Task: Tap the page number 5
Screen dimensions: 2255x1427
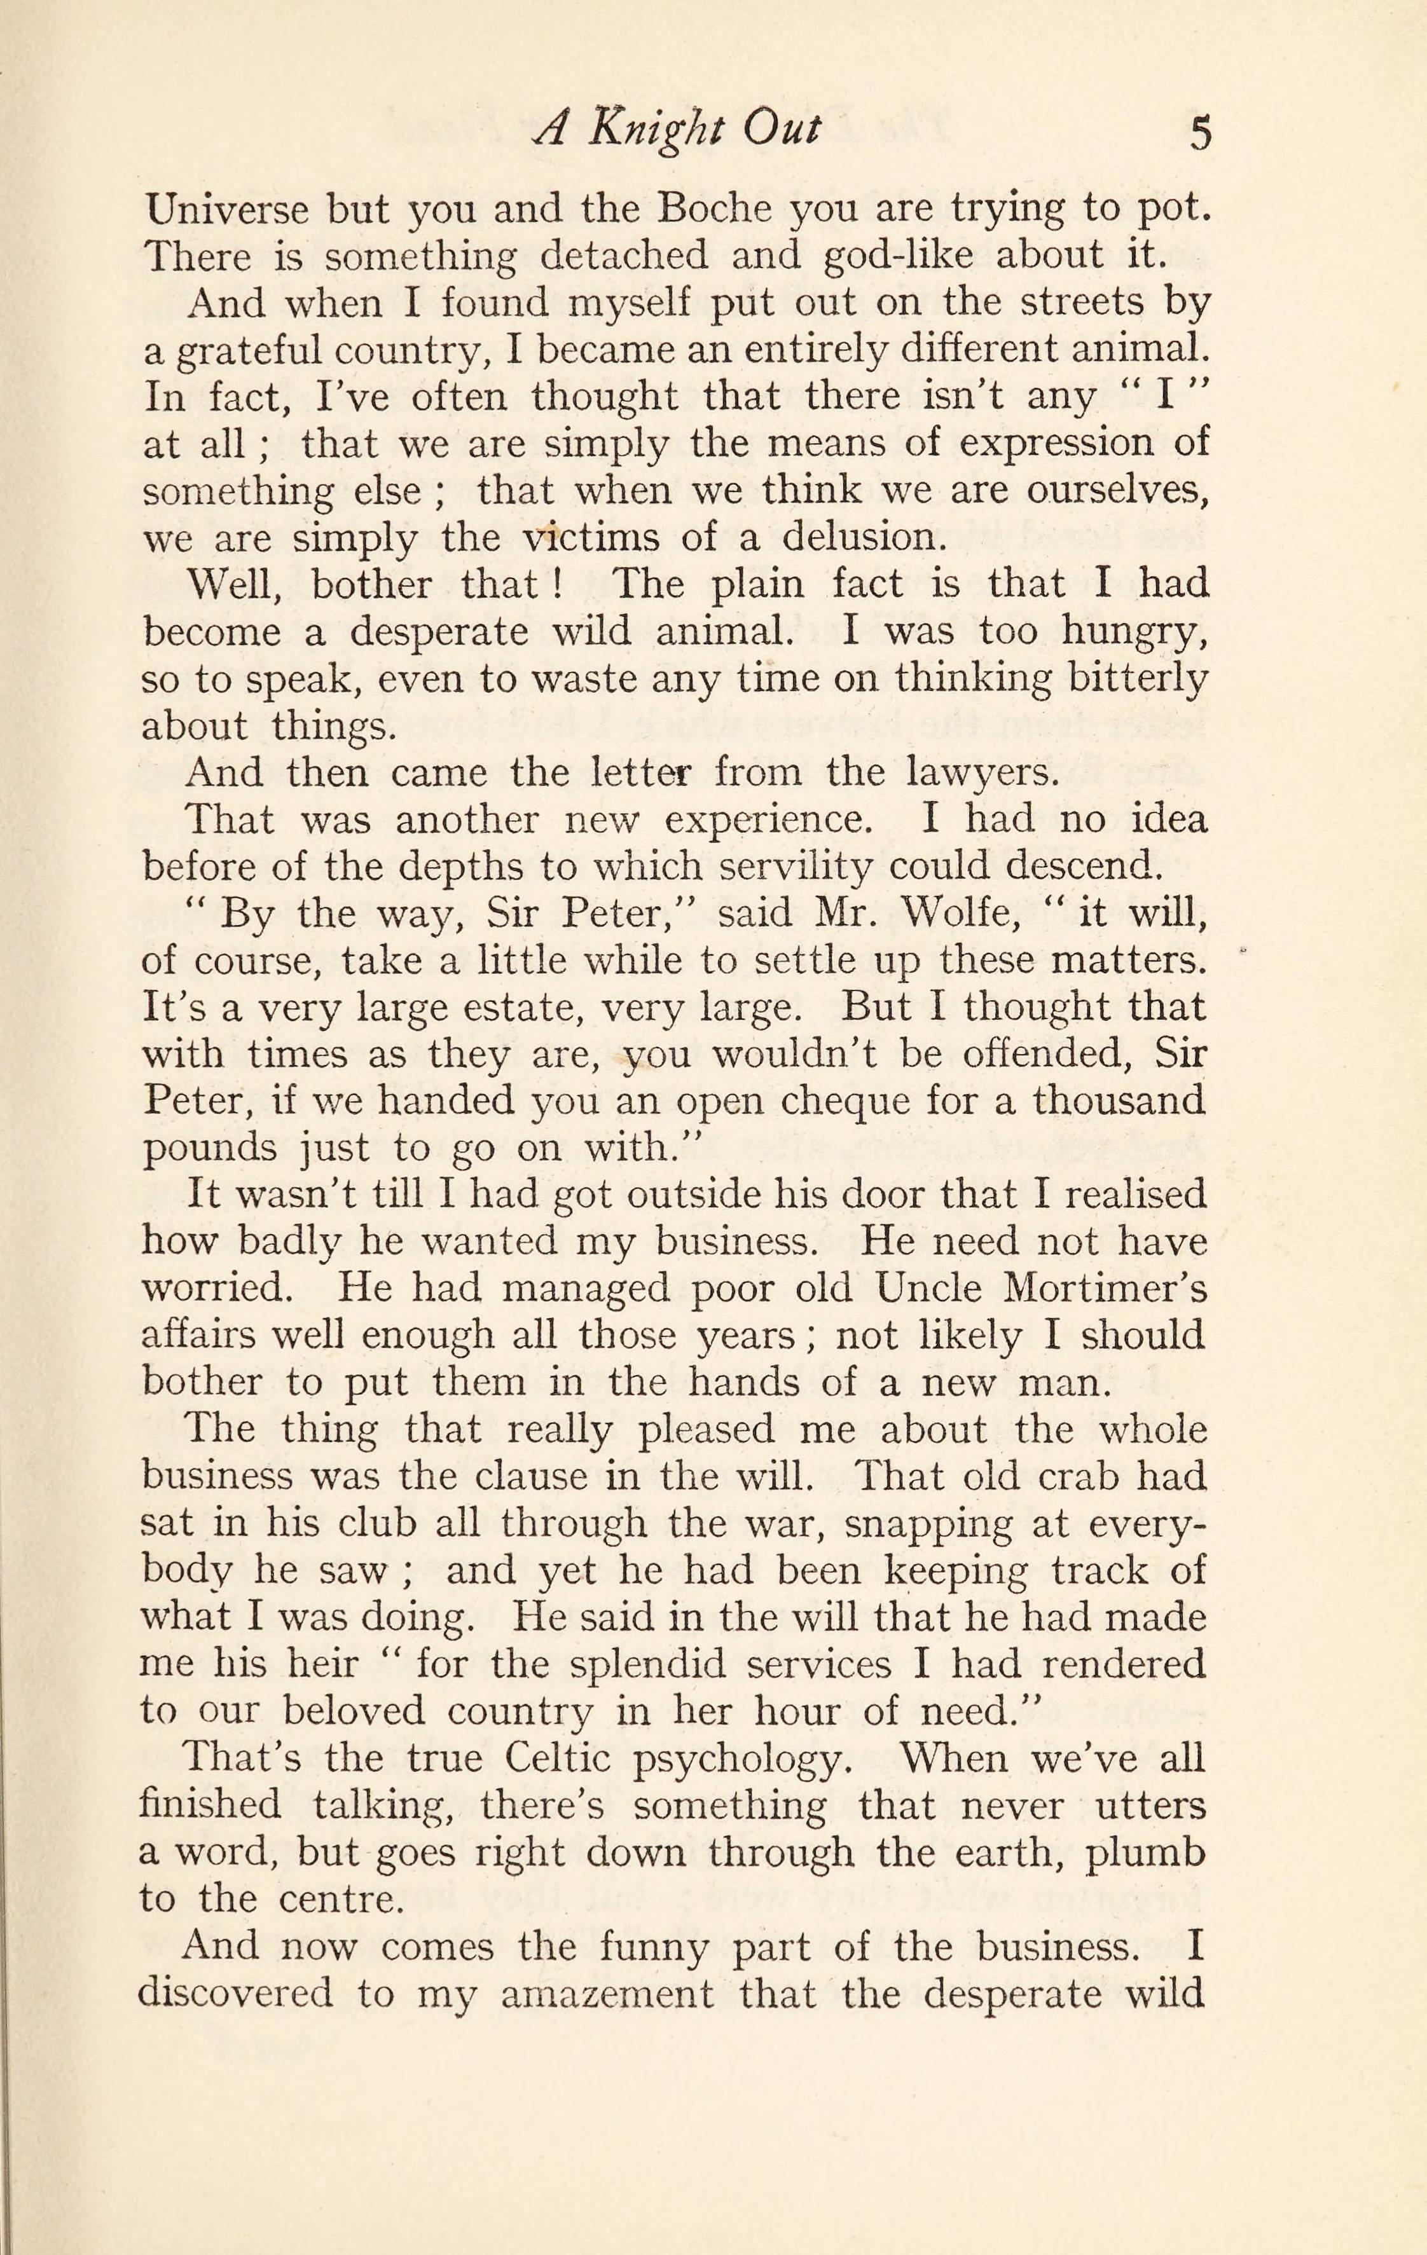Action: (1200, 133)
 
